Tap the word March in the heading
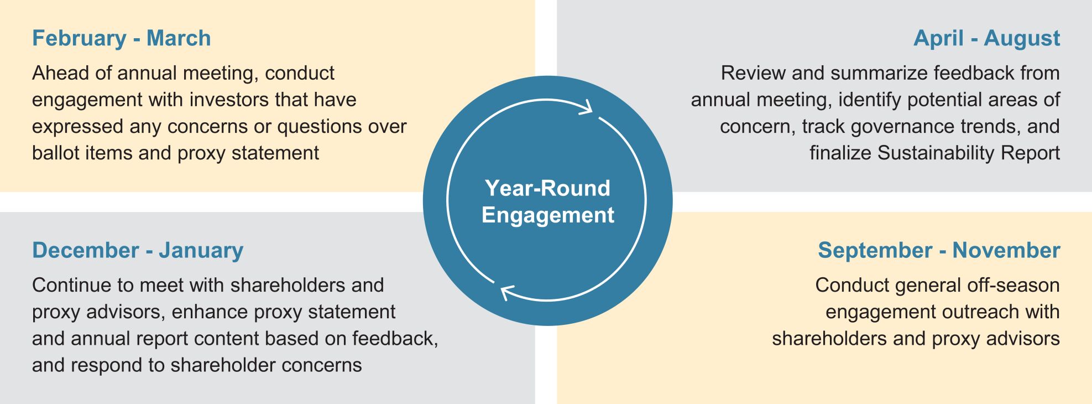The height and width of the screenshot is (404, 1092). tap(179, 38)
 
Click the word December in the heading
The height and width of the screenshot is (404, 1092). tap(86, 250)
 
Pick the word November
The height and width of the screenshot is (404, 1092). tap(1006, 250)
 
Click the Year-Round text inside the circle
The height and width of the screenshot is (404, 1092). tap(547, 188)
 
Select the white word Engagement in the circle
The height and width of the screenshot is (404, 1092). tap(547, 215)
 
